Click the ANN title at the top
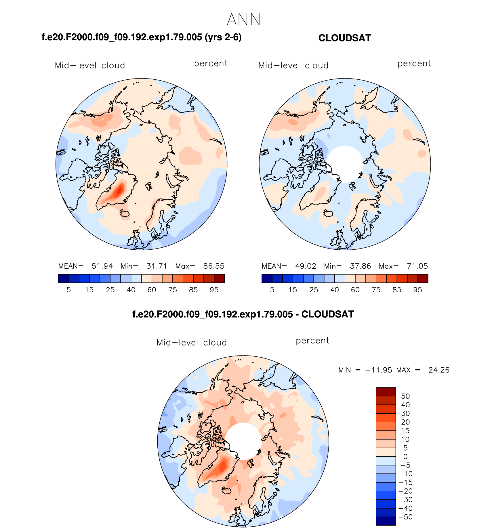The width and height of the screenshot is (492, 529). click(243, 20)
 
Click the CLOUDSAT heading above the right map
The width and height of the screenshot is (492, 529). click(344, 38)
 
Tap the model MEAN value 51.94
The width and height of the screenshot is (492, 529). click(102, 266)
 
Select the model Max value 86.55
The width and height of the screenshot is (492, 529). click(214, 266)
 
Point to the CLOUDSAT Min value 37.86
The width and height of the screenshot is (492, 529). click(360, 266)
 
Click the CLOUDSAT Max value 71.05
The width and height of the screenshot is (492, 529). click(417, 266)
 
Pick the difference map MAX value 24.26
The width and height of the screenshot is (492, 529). click(439, 370)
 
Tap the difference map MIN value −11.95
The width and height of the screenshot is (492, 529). click(379, 370)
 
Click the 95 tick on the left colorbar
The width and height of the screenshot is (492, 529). click(214, 290)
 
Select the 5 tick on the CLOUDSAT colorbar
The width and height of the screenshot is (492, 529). click(272, 290)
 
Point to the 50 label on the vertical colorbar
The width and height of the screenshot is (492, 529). click(405, 396)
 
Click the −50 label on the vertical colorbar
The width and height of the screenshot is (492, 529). click(406, 517)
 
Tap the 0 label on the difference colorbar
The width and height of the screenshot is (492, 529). click(405, 457)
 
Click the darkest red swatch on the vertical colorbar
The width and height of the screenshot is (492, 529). click(386, 392)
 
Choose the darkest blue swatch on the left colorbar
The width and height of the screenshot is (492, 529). click(63, 278)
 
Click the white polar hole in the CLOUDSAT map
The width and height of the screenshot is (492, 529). click(345, 163)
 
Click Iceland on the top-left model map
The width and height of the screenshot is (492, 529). click(125, 213)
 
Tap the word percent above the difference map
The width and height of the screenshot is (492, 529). click(312, 341)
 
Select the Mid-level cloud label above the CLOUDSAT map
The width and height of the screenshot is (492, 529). click(293, 65)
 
